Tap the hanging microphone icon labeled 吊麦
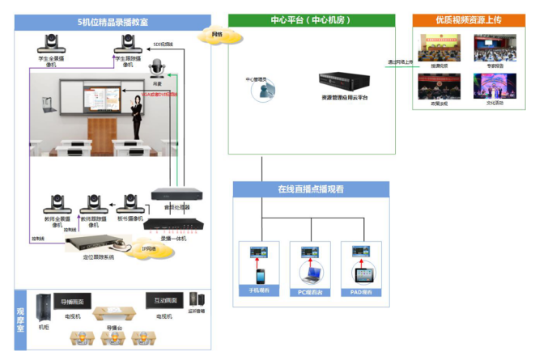(x=158, y=68)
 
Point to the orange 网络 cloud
(x=212, y=35)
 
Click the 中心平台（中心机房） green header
(x=311, y=20)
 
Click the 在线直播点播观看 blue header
(x=311, y=189)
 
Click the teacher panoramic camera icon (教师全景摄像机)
(x=59, y=203)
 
